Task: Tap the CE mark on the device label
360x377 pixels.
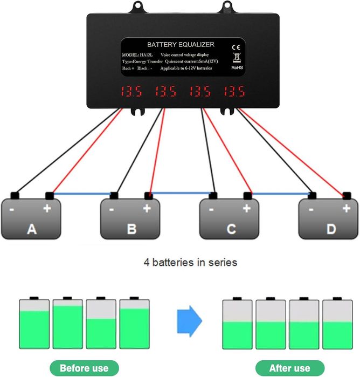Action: coord(235,47)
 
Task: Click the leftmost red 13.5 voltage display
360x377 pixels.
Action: coord(131,92)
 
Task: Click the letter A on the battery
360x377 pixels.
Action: coord(32,230)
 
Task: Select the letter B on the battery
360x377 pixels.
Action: coord(131,230)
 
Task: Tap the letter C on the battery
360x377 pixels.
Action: coord(231,230)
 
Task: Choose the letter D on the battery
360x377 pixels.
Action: coord(330,230)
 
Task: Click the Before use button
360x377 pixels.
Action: coord(84,368)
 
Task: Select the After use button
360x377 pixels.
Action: coord(290,368)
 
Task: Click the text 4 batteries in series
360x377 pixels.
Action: coord(190,263)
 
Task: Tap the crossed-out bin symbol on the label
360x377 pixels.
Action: coord(235,58)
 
